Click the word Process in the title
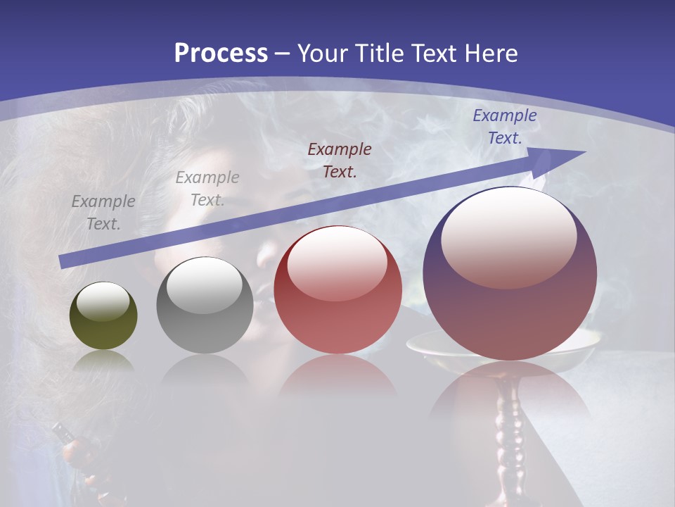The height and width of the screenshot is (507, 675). (x=221, y=54)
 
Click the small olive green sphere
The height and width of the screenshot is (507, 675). (x=103, y=316)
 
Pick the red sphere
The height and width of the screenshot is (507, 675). (x=337, y=290)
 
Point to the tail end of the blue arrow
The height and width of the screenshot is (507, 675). (x=65, y=261)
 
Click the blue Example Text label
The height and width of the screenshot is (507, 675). (x=504, y=127)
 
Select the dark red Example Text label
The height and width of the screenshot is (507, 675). (x=340, y=160)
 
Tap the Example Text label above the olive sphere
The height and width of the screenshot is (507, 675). (x=103, y=212)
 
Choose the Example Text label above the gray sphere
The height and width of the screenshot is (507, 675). (x=207, y=188)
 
